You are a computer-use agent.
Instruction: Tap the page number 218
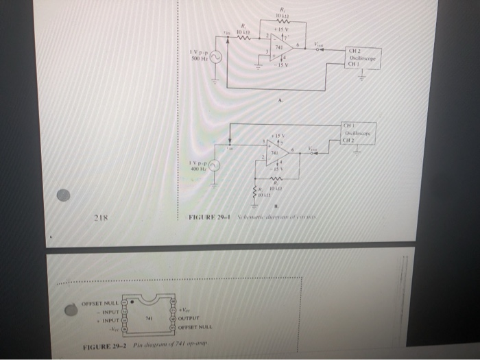coord(103,218)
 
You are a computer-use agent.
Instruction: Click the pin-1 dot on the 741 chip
coord(132,304)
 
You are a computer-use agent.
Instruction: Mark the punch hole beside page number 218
coord(63,195)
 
